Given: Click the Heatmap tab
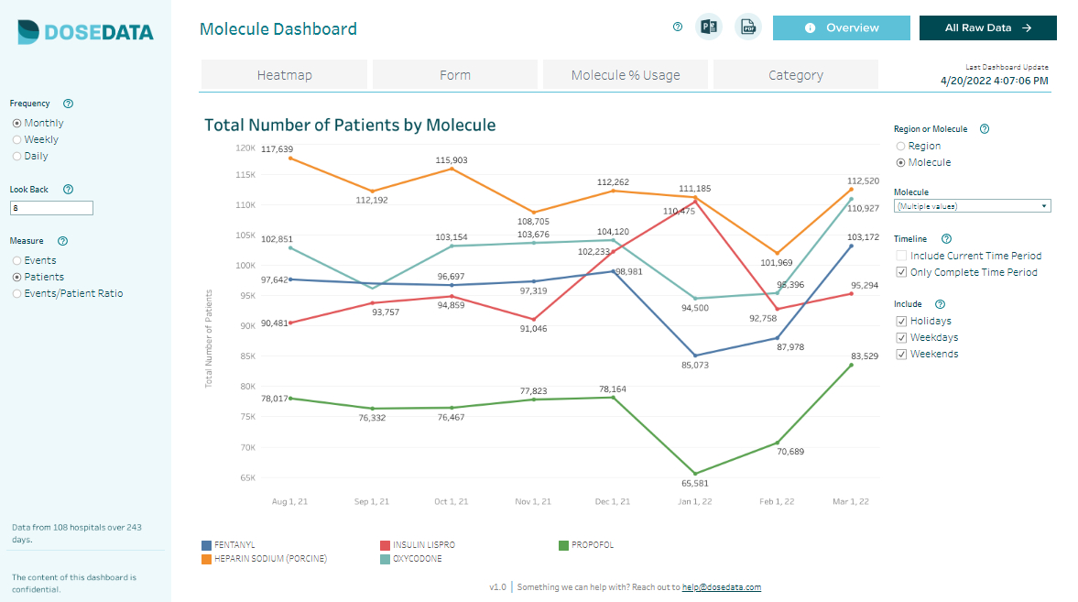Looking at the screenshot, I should [x=284, y=75].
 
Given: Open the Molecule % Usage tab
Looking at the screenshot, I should [x=626, y=75].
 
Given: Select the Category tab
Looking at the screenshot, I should [x=795, y=75].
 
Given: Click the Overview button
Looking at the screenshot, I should [x=841, y=27].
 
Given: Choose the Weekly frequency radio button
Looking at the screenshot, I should [x=17, y=140].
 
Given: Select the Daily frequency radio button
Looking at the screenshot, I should [x=17, y=157].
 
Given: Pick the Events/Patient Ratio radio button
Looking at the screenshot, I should [x=17, y=294].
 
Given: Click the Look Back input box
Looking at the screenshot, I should [x=51, y=208].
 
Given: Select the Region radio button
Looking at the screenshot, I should [x=901, y=147].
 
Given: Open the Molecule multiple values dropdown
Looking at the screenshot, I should [x=972, y=206].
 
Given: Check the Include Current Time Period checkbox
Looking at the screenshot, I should [x=902, y=257].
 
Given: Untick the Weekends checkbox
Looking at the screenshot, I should [x=902, y=355].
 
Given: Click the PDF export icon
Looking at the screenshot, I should [x=748, y=27].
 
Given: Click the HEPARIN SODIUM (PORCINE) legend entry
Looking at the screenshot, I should [x=269, y=559].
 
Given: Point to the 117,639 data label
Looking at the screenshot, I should [x=277, y=149].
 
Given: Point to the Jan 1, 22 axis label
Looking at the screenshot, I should [x=694, y=502].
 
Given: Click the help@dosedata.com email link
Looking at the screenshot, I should [x=721, y=587].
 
